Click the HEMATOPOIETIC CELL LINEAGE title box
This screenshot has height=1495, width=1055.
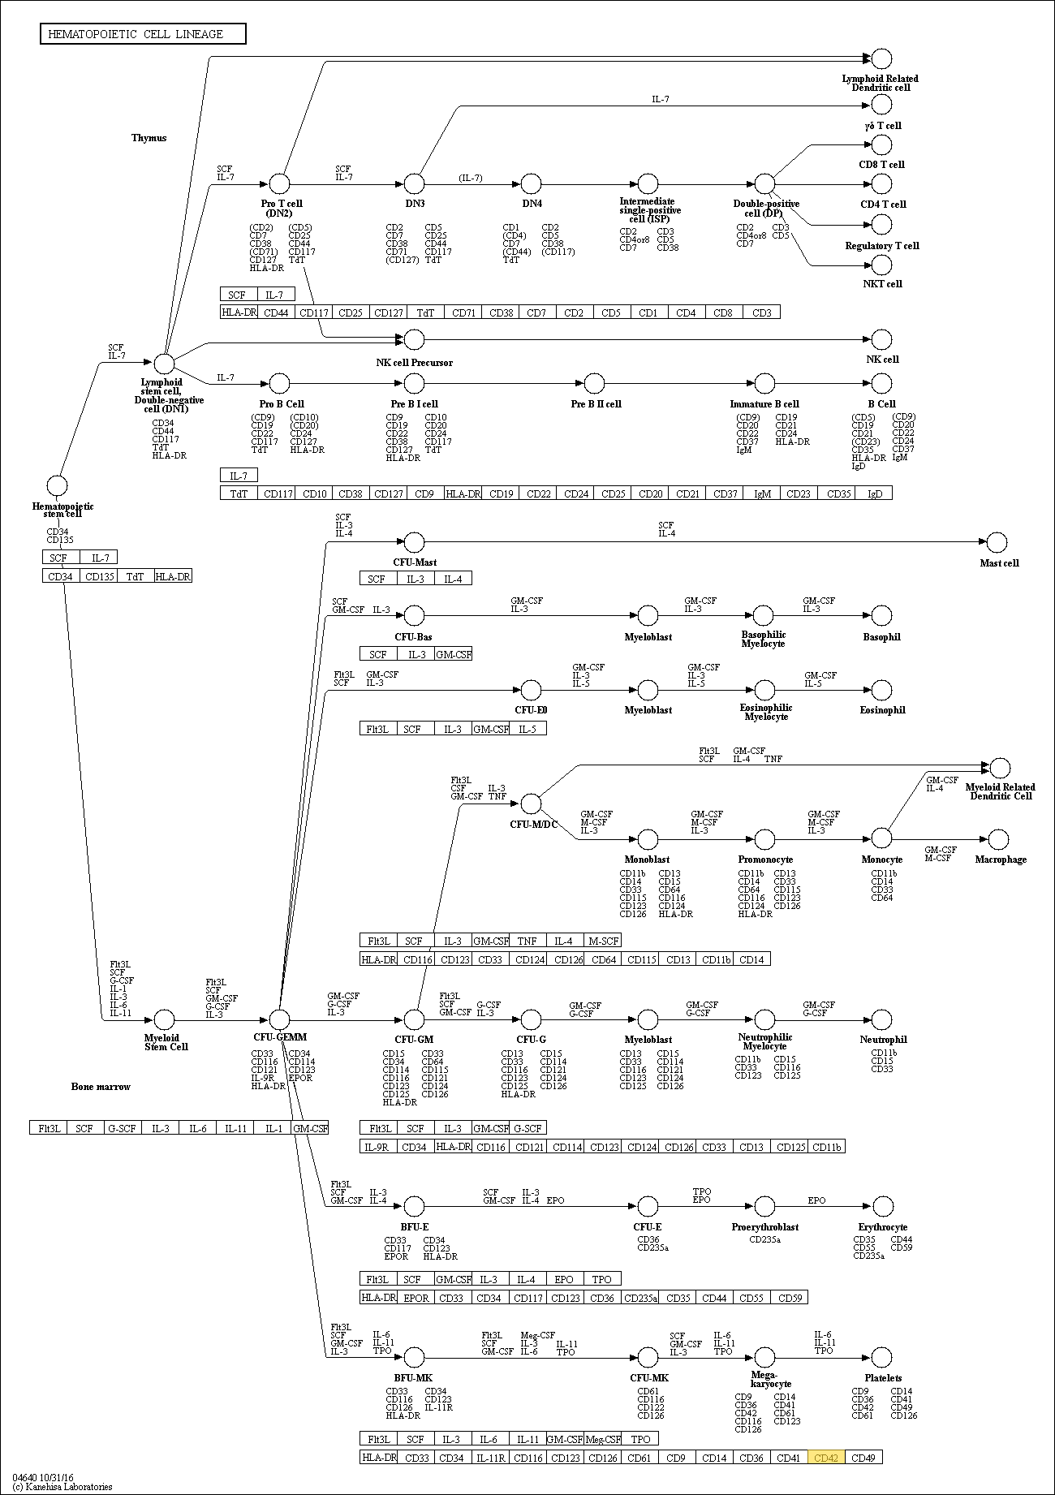click(x=143, y=34)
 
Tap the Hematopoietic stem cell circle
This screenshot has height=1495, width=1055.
click(x=57, y=486)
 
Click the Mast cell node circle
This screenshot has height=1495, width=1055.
click(x=997, y=542)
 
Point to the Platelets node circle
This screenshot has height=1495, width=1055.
click(x=881, y=1357)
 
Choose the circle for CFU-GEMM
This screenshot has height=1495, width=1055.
click(x=279, y=1019)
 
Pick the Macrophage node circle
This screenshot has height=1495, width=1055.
click(x=999, y=839)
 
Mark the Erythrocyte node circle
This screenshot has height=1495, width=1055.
click(x=881, y=1206)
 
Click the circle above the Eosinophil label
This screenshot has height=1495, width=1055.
click(x=881, y=691)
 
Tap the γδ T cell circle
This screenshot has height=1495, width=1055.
click(x=881, y=105)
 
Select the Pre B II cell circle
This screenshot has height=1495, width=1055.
click(x=595, y=383)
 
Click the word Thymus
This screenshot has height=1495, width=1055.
click(x=149, y=138)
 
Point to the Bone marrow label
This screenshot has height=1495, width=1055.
click(x=101, y=1087)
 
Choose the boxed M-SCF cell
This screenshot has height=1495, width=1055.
click(x=602, y=941)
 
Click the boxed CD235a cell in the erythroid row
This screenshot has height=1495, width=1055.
click(x=639, y=1298)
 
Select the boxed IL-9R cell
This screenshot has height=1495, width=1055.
click(x=378, y=1147)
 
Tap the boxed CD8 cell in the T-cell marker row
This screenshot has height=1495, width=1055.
click(x=723, y=312)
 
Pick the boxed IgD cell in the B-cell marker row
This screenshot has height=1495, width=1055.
click(x=874, y=493)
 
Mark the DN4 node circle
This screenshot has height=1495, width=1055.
click(x=531, y=183)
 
